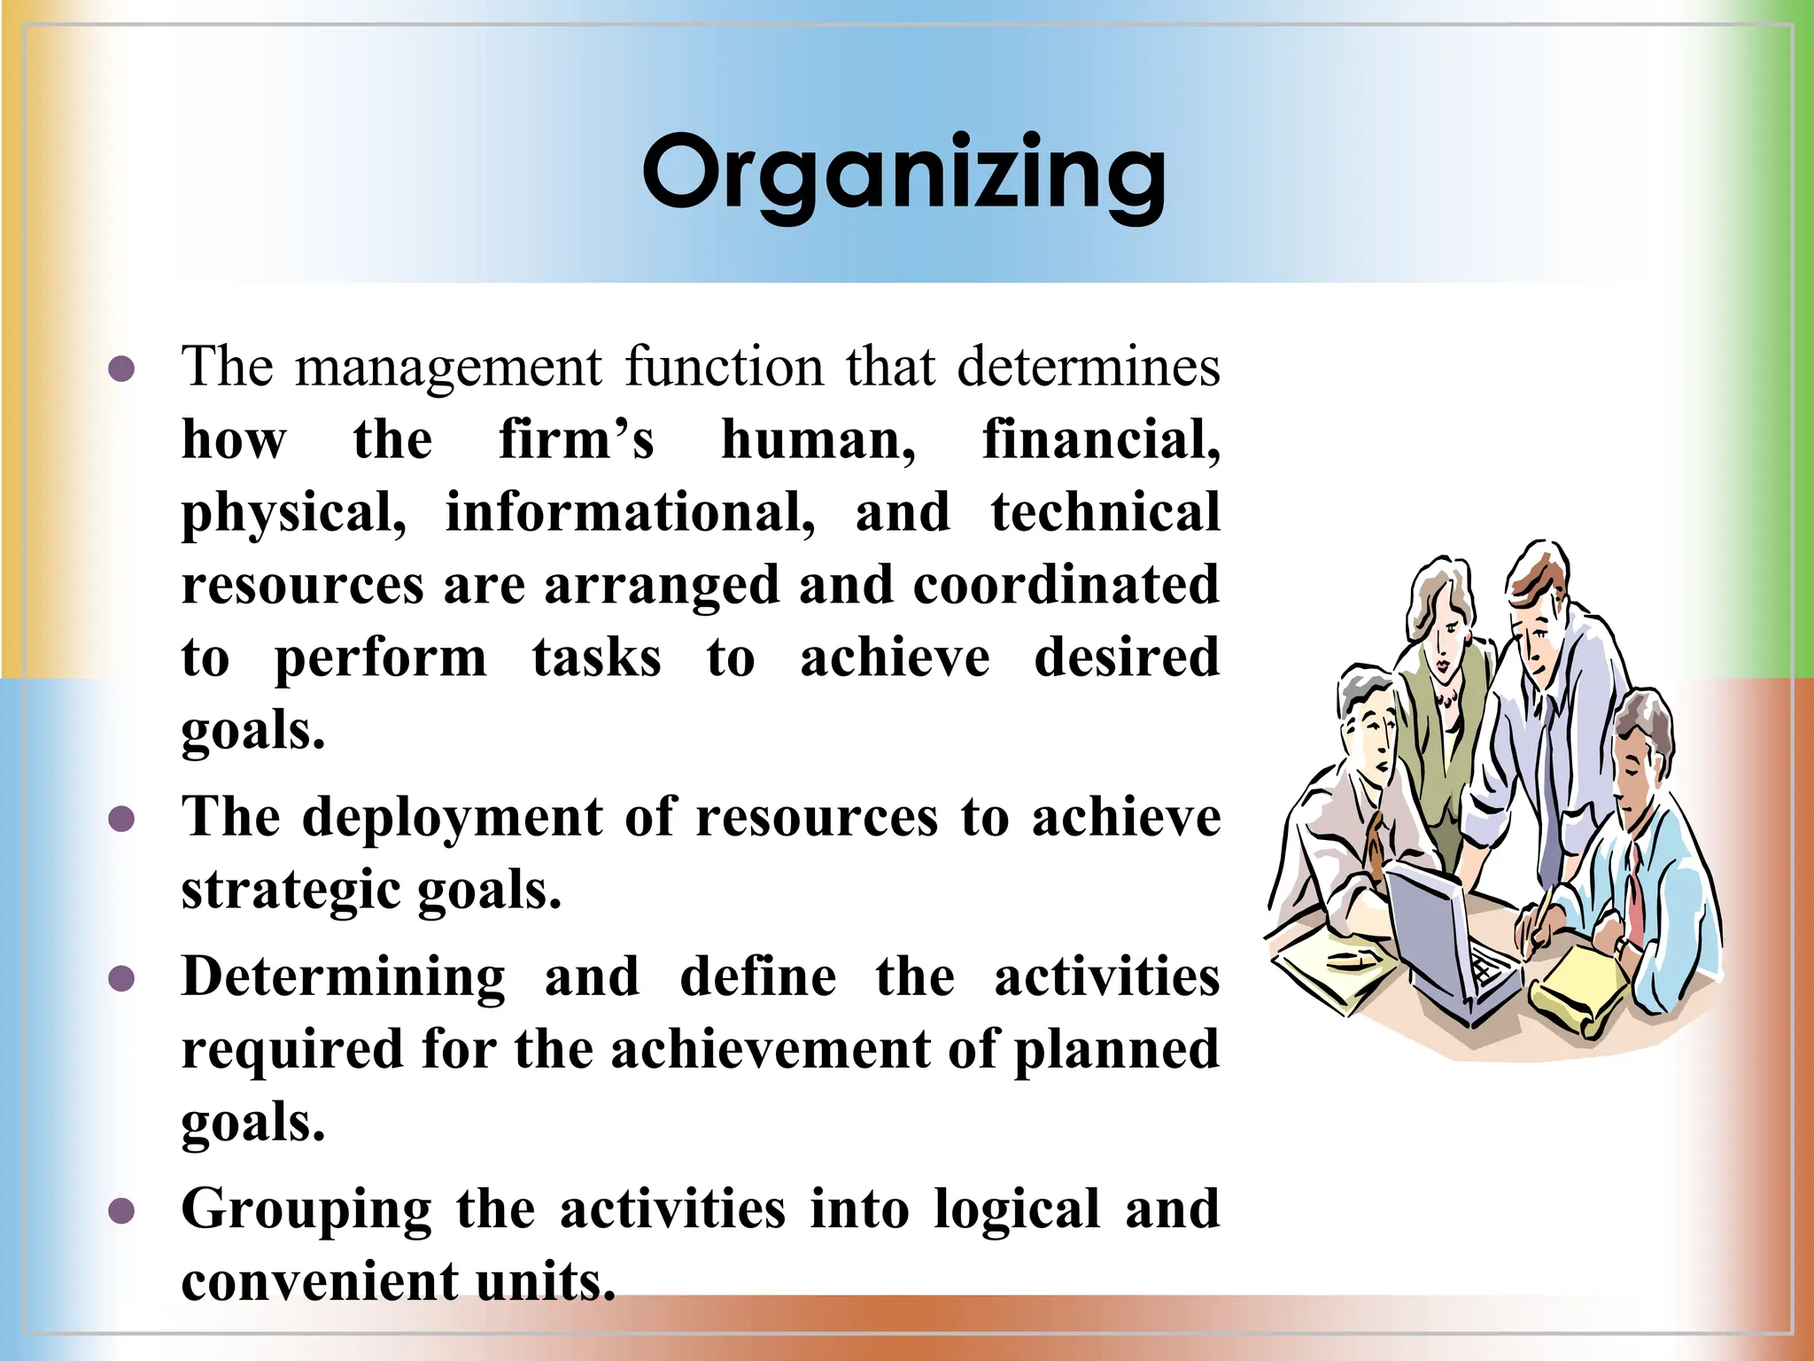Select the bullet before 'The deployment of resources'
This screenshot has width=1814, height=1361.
[121, 819]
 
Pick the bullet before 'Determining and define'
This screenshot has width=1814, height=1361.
[121, 979]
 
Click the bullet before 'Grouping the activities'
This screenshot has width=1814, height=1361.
[121, 1211]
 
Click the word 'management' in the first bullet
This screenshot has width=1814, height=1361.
[448, 368]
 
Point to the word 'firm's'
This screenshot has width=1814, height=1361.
[576, 439]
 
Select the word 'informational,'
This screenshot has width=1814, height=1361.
[630, 512]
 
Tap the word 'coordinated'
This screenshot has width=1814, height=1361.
[1066, 585]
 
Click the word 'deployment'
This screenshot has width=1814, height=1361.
[453, 817]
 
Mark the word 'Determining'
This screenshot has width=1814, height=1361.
[344, 976]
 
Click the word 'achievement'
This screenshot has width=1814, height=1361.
[771, 1050]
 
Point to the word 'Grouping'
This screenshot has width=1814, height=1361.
[306, 1209]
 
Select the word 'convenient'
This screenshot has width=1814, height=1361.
[320, 1282]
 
